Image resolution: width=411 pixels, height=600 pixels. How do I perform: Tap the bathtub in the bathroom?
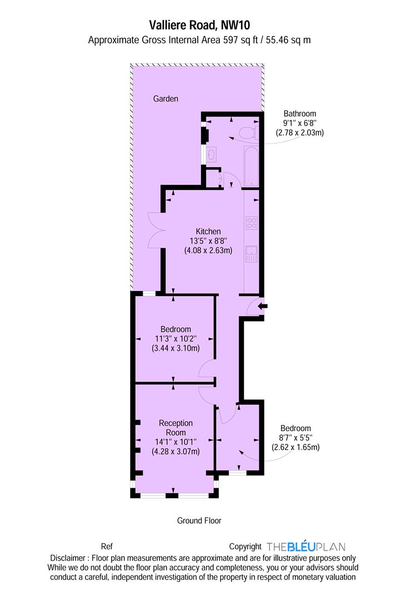pyautogui.click(x=252, y=166)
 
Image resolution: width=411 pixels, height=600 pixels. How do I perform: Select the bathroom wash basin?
pyautogui.click(x=212, y=154)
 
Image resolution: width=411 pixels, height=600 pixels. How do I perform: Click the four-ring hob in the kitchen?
pyautogui.click(x=252, y=223)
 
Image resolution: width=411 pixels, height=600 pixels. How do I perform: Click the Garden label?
pyautogui.click(x=166, y=99)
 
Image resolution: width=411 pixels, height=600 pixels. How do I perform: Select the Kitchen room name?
pyautogui.click(x=208, y=231)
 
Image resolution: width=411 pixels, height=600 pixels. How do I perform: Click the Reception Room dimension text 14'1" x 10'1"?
pyautogui.click(x=176, y=442)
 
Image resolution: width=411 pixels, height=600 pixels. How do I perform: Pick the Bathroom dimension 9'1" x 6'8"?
pyautogui.click(x=299, y=123)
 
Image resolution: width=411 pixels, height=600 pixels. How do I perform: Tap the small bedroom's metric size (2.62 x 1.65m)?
pyautogui.click(x=295, y=447)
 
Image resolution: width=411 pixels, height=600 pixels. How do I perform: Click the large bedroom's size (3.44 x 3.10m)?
pyautogui.click(x=176, y=348)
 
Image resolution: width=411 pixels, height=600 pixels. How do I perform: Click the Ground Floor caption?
pyautogui.click(x=199, y=521)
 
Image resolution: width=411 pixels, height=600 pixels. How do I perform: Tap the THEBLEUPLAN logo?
pyautogui.click(x=305, y=547)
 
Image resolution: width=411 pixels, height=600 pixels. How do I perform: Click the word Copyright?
pyautogui.click(x=245, y=547)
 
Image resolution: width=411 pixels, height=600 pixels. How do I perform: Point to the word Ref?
pyautogui.click(x=107, y=547)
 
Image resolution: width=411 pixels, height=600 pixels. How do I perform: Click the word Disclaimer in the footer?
pyautogui.click(x=68, y=558)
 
